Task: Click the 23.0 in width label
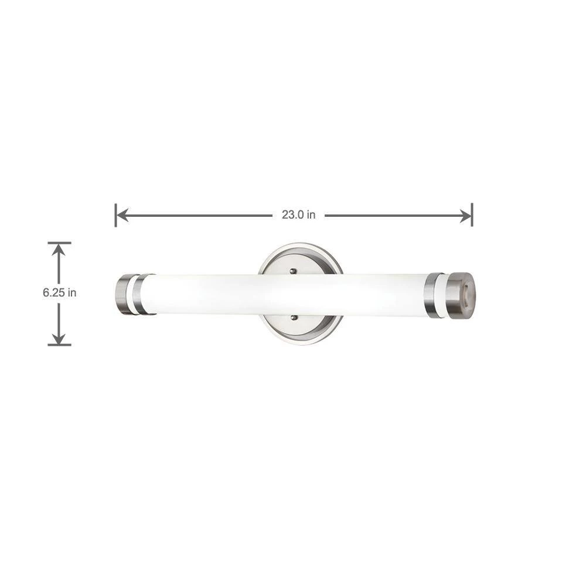pos(298,215)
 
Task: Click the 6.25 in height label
pos(59,292)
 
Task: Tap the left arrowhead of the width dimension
pos(122,215)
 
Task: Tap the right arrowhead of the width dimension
pos(465,216)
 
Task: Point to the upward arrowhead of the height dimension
pos(59,250)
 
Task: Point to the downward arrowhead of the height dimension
pos(59,338)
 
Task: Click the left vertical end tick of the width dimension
pos(116,215)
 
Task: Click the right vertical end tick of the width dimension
pos(472,215)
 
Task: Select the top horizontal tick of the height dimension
pos(59,243)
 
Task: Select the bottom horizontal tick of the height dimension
pos(59,345)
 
